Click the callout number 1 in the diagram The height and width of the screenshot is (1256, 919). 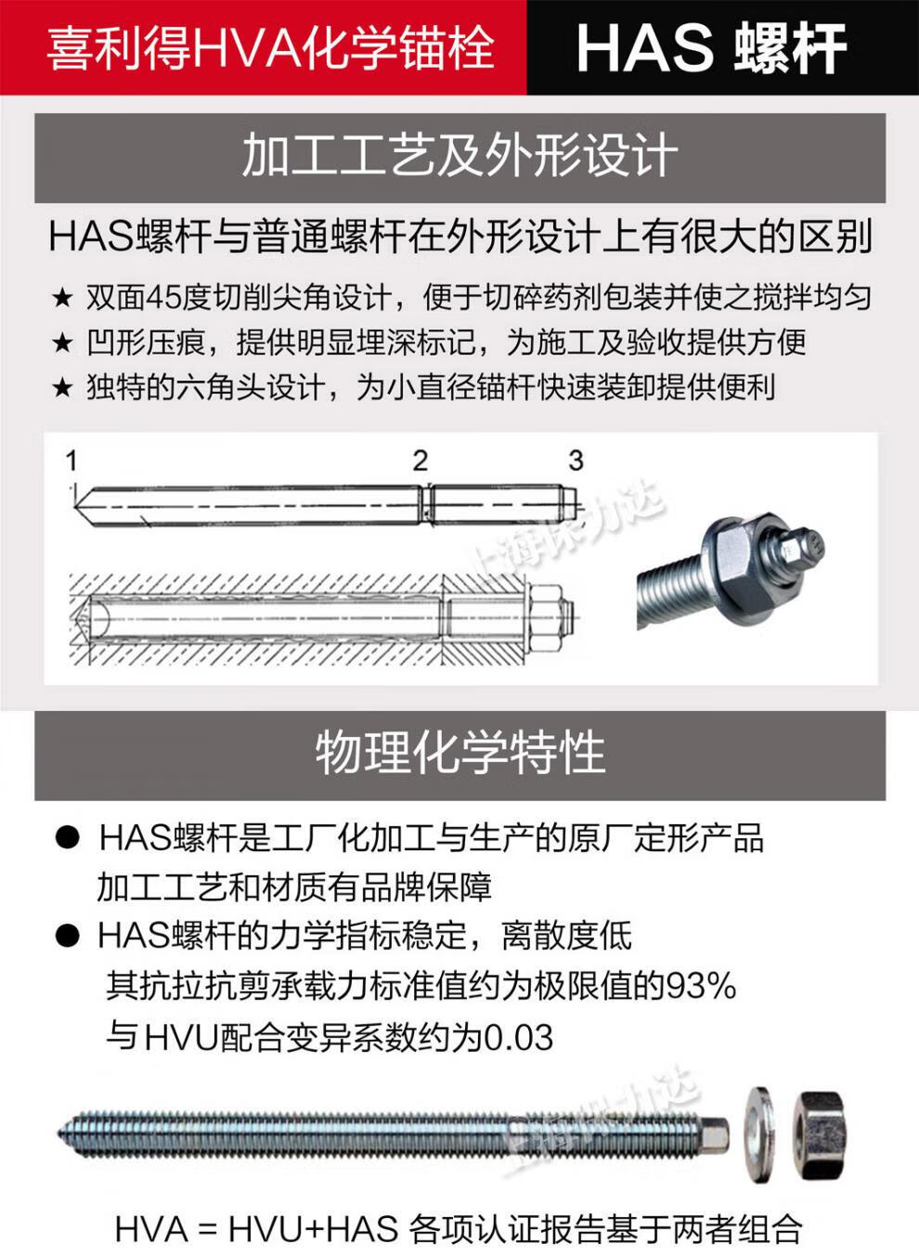pos(71,460)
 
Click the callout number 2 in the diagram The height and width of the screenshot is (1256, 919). pos(421,460)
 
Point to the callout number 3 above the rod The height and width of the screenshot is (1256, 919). pos(576,460)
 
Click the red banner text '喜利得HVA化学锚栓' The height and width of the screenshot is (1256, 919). pos(269,47)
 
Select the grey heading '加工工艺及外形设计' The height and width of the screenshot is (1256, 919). pos(459,156)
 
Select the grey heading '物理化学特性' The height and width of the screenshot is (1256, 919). pos(459,752)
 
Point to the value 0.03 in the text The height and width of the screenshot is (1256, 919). pos(519,1037)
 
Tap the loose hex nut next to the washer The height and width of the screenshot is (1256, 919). pos(821,1132)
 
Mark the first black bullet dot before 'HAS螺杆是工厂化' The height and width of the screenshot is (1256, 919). pos(68,838)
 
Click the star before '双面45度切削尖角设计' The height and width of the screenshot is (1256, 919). pos(62,298)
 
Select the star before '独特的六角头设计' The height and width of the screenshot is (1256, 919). pos(62,387)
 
